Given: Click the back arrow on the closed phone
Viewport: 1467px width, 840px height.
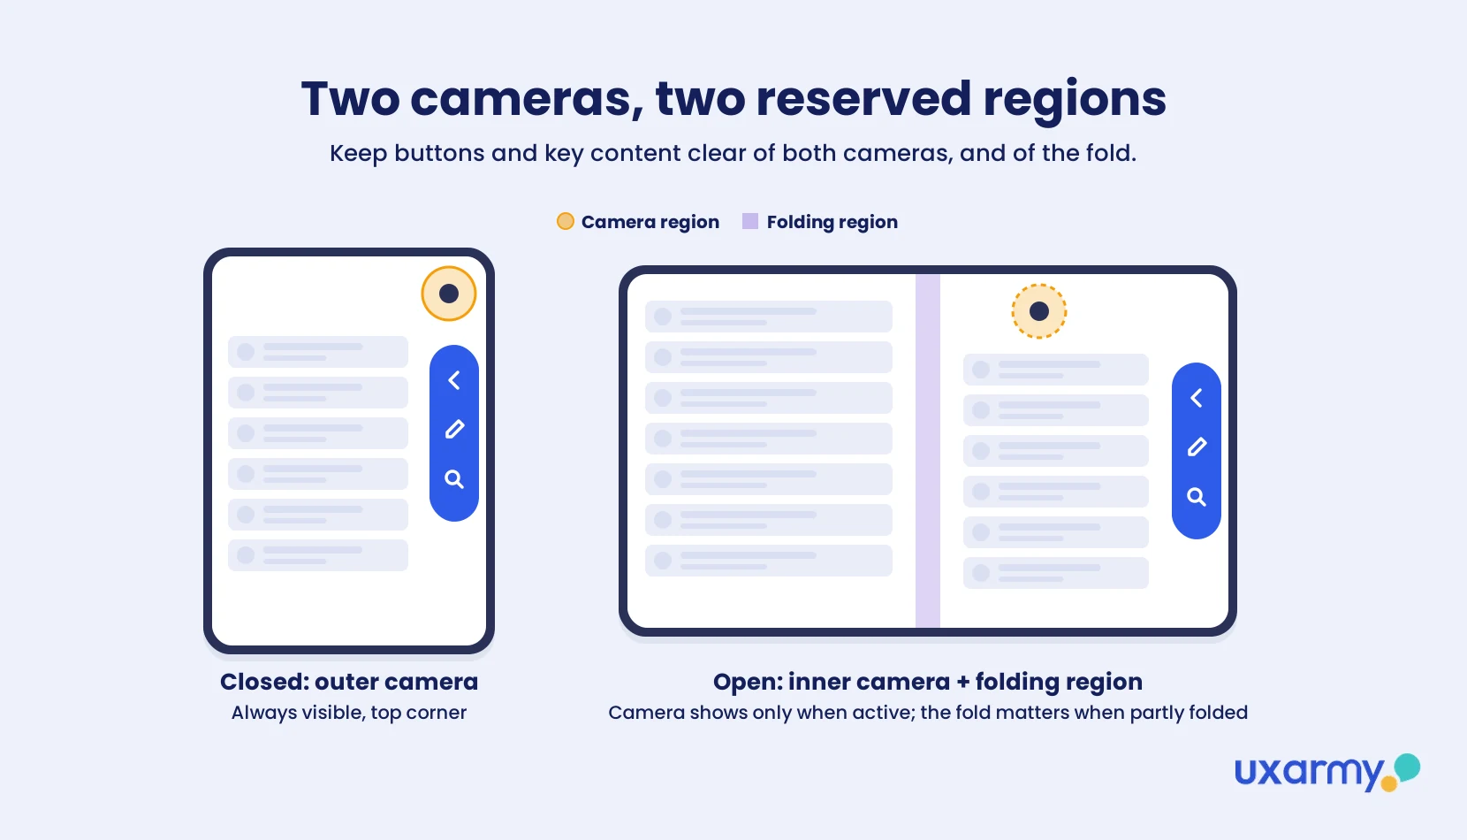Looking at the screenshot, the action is click(454, 380).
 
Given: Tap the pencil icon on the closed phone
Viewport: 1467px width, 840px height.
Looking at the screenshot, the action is click(454, 429).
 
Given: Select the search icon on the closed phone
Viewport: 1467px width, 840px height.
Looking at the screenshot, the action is click(454, 479).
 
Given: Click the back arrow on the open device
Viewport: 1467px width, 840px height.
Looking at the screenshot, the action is click(1196, 398).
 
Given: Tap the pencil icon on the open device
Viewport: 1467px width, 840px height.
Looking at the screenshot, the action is click(1197, 447).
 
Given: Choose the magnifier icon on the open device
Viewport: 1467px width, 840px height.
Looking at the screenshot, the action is click(1197, 497).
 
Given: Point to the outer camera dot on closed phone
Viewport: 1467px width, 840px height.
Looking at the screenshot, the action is click(449, 294).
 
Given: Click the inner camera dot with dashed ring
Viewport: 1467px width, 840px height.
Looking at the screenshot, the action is click(1039, 311).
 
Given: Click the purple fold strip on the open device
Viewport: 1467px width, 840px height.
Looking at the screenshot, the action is click(927, 451).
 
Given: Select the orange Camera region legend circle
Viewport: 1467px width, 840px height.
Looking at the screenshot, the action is click(566, 221).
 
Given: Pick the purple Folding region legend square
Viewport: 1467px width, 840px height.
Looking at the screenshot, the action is click(750, 221).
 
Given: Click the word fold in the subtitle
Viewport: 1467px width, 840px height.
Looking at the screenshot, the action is click(1110, 153).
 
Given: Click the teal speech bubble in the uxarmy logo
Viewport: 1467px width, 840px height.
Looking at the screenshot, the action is click(1407, 767).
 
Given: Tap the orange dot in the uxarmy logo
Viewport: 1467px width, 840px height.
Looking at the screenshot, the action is click(1388, 783).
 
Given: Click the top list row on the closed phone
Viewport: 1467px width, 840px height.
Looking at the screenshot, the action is click(318, 352).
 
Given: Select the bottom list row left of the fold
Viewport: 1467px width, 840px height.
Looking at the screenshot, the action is click(769, 561).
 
